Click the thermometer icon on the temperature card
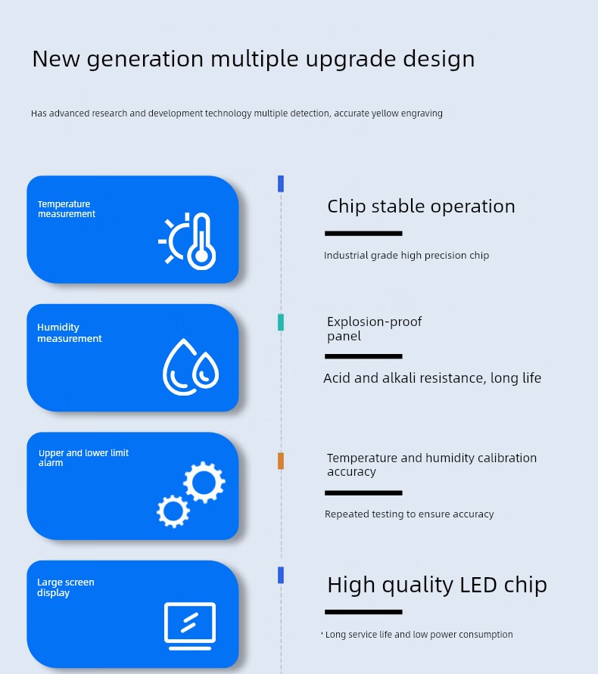201,241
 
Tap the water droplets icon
191,367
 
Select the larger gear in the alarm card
204,483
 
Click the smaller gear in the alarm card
173,511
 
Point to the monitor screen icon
190,626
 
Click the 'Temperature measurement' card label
67,209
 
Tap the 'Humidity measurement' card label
70,333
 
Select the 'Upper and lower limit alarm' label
83,458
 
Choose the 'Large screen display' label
65,587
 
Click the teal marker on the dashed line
281,322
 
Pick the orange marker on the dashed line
281,461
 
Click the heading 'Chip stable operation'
421,207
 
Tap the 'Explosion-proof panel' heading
374,329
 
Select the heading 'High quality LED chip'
437,585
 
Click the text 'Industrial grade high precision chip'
406,256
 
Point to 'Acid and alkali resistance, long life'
432,378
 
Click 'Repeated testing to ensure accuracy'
409,514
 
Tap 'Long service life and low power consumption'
419,635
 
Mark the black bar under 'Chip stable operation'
363,234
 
